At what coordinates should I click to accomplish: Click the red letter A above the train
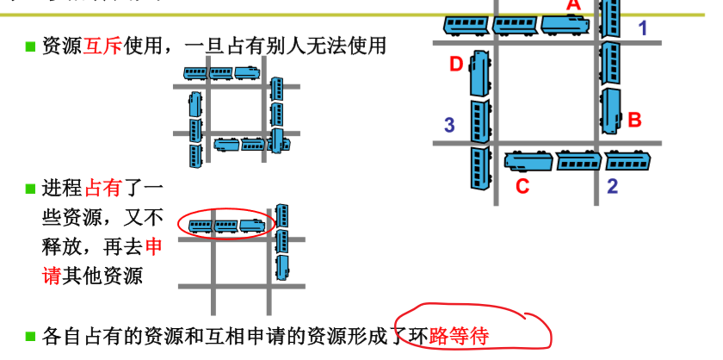[573, 4]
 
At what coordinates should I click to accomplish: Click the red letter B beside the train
[634, 120]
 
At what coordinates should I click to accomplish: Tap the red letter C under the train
[522, 185]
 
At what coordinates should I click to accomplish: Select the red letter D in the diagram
[456, 63]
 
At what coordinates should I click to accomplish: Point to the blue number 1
[642, 28]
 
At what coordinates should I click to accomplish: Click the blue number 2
[612, 185]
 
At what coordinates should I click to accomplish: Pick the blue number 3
[449, 126]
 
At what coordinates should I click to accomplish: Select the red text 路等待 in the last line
[458, 336]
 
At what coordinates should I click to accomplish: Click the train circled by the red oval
[226, 227]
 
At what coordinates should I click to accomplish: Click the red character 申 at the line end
[152, 247]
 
